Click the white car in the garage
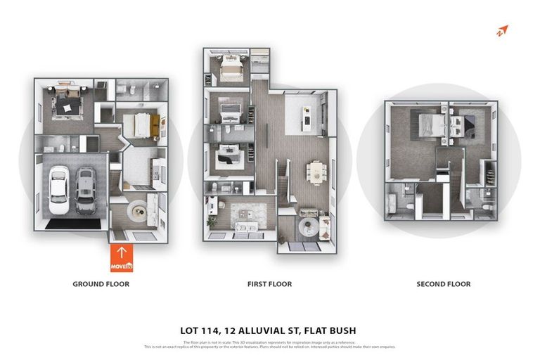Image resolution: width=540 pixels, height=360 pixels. point(58,190)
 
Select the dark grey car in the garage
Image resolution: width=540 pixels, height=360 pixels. point(86,191)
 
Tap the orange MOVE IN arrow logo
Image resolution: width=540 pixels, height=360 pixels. point(122,258)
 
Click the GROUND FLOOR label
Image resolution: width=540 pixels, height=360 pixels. point(101,284)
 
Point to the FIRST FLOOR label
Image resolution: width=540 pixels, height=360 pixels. point(269,284)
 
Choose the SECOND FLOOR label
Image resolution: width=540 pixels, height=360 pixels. point(443,284)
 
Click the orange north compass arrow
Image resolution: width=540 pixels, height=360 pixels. point(501,30)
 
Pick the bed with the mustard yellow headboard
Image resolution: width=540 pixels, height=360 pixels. point(143,125)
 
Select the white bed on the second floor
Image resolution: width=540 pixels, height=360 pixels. point(430,127)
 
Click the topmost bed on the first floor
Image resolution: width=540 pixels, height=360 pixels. point(231,69)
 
